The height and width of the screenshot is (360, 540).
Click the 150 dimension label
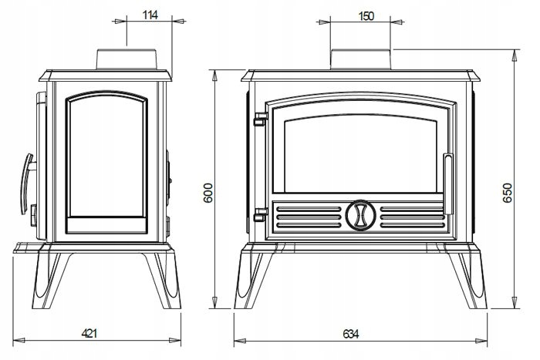click(366, 16)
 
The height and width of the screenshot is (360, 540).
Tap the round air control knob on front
click(359, 216)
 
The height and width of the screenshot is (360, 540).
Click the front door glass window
click(359, 154)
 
